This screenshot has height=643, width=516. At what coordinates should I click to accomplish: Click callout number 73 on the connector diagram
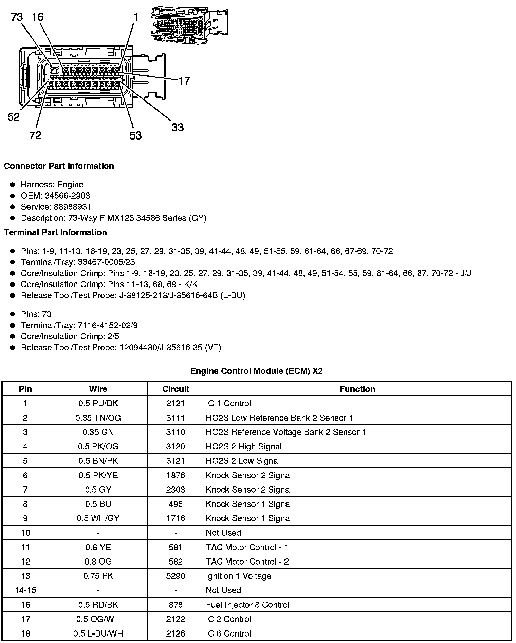(17, 17)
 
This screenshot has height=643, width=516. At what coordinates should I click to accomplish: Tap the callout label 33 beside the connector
(177, 128)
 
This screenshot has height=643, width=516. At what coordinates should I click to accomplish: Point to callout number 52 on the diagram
(14, 117)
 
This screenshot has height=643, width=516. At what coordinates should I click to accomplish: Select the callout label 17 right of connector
(184, 81)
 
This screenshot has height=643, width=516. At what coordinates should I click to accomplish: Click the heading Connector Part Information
(59, 166)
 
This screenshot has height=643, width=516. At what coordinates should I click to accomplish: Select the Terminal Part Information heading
(55, 232)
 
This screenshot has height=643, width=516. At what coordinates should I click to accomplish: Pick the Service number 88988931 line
(56, 207)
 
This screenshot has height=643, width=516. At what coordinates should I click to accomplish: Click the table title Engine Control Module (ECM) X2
(256, 371)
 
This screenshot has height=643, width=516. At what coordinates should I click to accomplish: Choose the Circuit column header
(176, 389)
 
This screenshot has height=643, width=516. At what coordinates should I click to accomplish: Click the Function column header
(357, 389)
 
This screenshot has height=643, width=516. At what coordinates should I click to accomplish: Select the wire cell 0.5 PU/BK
(98, 403)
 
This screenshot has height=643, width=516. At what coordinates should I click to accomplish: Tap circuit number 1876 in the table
(176, 475)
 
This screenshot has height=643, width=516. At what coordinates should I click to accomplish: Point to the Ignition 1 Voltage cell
(239, 576)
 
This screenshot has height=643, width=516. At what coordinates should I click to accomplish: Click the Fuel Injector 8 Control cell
(247, 605)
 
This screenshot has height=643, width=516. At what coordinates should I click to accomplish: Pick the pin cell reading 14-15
(25, 590)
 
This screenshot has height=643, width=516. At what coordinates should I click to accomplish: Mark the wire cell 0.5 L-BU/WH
(98, 633)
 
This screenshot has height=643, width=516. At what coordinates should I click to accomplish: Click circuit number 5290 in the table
(176, 576)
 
